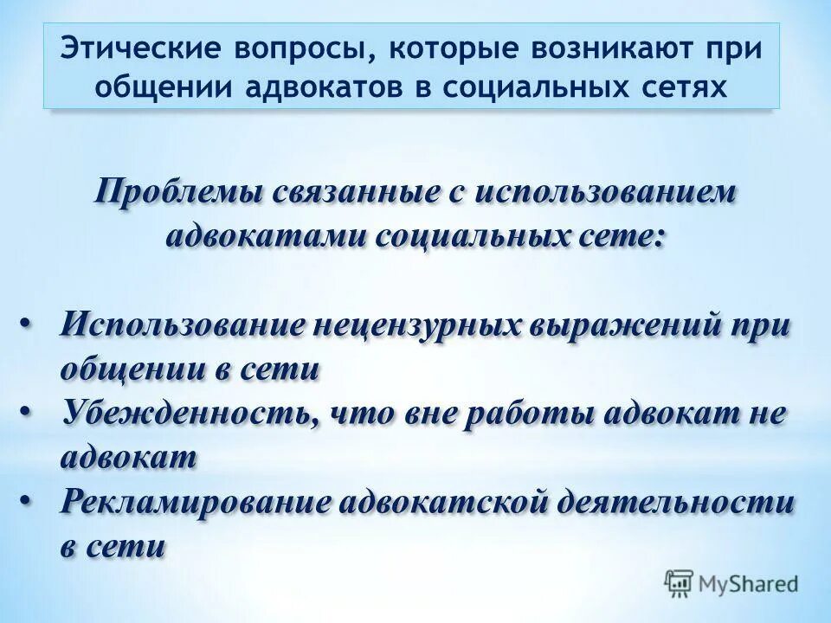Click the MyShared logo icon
click(x=680, y=583)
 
